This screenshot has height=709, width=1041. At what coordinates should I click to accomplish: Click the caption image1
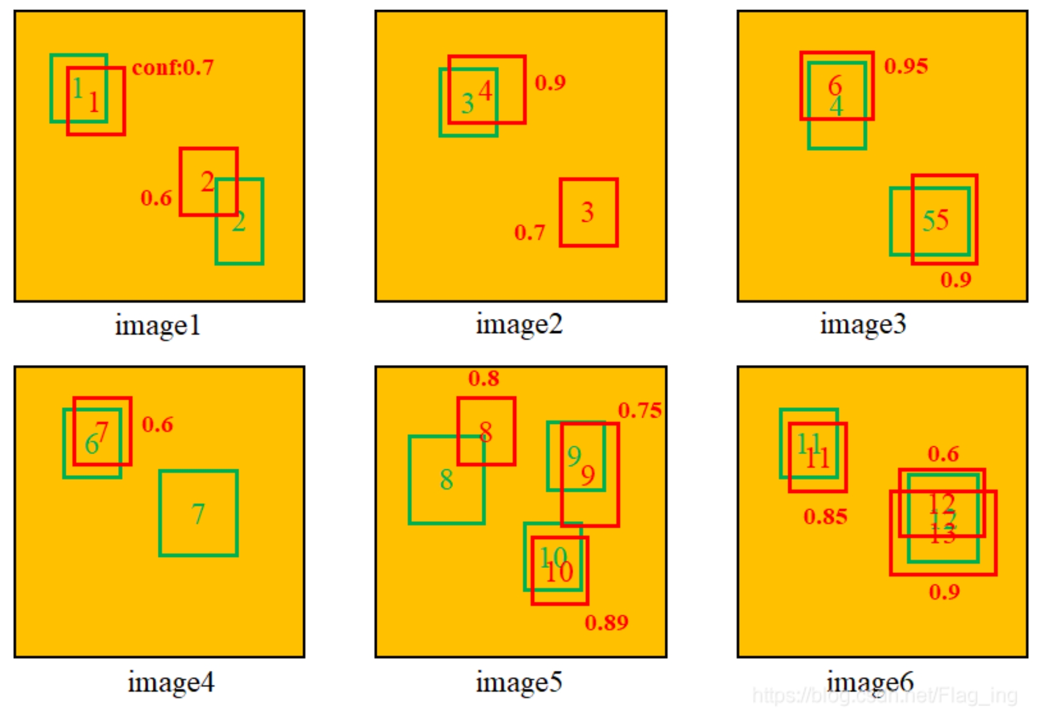157,325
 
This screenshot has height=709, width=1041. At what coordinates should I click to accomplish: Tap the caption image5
518,683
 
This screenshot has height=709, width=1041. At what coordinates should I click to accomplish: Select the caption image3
862,324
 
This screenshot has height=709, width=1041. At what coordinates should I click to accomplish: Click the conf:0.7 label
173,68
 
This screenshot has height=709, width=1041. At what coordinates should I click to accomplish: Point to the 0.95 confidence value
906,66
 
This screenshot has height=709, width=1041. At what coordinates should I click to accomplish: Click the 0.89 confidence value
606,623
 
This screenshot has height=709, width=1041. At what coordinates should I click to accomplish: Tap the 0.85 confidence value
825,517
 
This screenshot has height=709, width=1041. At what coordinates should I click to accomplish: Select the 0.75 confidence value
639,411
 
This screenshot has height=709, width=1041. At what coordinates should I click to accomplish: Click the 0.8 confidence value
483,378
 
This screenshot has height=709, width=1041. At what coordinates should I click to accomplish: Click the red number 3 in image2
587,213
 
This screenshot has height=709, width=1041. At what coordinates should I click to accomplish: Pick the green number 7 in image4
198,514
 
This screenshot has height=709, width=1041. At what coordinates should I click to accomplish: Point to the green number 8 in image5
446,480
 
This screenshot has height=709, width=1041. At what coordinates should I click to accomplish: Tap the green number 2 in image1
239,222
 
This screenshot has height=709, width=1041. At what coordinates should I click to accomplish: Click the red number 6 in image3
835,86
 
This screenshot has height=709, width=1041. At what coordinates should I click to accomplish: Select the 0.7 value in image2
529,233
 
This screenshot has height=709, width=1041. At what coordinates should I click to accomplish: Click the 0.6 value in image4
157,424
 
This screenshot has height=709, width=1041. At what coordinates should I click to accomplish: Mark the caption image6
870,683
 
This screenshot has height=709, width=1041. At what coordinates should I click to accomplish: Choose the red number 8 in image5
486,432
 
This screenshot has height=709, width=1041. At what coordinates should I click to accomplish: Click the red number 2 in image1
207,182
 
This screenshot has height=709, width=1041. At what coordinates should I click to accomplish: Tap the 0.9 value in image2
550,83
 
